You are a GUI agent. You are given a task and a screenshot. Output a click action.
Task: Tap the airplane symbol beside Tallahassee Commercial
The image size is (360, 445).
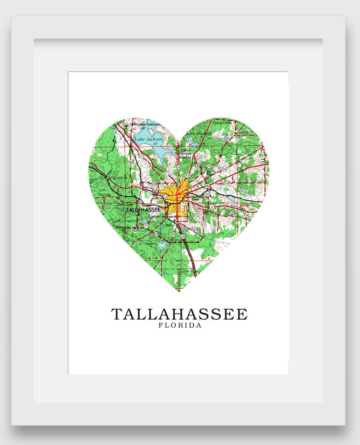pos(127,125)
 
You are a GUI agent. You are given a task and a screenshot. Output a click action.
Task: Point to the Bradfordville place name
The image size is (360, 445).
pos(222,123)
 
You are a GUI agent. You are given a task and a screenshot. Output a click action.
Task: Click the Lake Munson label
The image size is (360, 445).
pos(146,244)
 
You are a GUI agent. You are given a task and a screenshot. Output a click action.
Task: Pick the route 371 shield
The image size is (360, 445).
pos(146,226)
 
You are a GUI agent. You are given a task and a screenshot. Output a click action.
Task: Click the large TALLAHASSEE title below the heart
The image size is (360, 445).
pos(179,314)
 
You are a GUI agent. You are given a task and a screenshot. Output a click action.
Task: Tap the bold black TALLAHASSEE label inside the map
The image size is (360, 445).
pos(143,210)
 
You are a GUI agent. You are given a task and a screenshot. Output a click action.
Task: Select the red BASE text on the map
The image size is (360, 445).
pos(244,206)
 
